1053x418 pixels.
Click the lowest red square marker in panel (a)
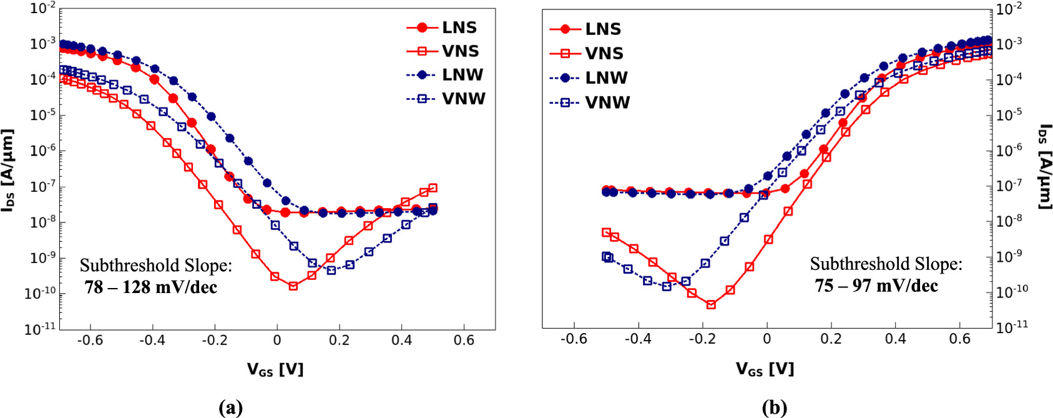(293, 286)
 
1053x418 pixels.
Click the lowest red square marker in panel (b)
(711, 305)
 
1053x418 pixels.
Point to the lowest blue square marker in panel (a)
(331, 271)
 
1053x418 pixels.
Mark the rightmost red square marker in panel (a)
(433, 188)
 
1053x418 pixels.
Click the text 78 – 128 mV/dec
(151, 287)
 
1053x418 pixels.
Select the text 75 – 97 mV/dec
(876, 286)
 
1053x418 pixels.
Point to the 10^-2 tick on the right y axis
(1009, 9)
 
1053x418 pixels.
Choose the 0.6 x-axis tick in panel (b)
(960, 339)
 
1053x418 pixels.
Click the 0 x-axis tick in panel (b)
(767, 339)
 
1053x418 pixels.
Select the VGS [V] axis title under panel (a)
(275, 369)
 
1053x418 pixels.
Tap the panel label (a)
(231, 408)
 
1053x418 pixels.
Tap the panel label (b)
(775, 408)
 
